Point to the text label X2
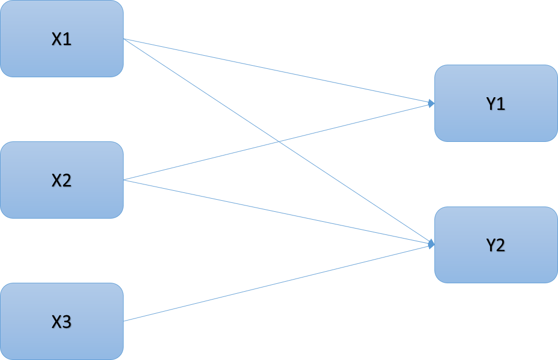[62, 181]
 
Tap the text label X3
[62, 322]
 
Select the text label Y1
[495, 104]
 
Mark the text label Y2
[495, 245]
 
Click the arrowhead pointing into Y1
[432, 104]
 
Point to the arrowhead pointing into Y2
[432, 244]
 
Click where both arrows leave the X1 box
[124, 39]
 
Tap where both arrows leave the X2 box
[124, 180]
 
